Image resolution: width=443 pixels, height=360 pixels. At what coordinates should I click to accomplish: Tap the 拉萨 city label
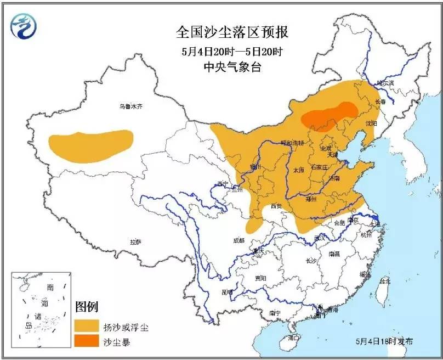pos(135,241)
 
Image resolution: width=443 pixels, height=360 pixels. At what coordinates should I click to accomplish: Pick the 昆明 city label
pos(226,291)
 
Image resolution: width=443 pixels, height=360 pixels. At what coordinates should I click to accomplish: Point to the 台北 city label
pos(385,281)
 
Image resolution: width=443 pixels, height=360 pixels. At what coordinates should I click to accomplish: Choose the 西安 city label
pos(276,206)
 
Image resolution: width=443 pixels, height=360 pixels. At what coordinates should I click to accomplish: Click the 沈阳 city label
pos(371,123)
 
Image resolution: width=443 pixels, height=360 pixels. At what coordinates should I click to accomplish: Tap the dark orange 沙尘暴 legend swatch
pos(86,343)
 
